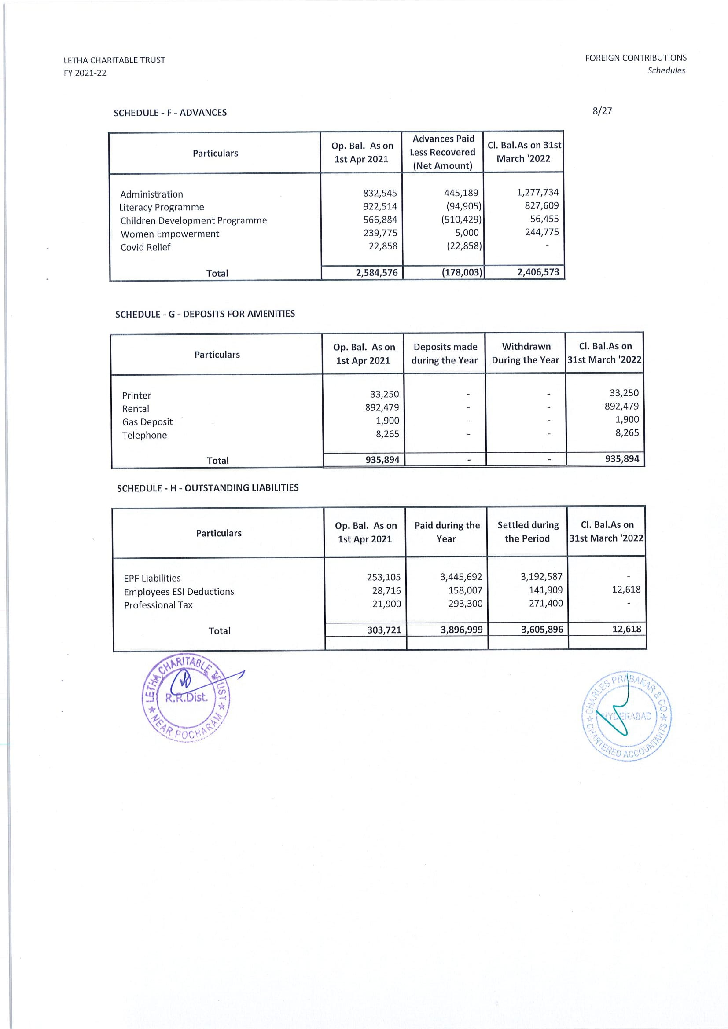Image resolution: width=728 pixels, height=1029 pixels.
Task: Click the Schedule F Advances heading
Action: point(170,113)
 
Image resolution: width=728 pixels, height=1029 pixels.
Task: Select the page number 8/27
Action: point(602,111)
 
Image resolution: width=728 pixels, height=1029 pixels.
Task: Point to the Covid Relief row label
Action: point(145,247)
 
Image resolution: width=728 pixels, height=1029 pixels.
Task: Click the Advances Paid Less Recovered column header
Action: point(442,152)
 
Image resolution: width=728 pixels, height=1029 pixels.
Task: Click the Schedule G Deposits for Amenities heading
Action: point(205,314)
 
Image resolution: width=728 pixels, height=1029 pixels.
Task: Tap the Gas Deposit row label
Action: point(147,422)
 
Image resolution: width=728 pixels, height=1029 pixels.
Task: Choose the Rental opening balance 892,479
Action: point(382,407)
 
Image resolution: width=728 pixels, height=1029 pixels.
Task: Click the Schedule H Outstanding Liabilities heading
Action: point(208,487)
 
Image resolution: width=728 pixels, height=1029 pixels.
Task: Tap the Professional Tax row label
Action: point(158,605)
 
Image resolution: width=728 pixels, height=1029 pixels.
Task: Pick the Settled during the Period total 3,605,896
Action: point(541,629)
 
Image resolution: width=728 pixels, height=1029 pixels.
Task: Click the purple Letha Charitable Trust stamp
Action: point(186,696)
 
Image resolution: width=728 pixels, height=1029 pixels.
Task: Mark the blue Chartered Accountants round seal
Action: point(626,716)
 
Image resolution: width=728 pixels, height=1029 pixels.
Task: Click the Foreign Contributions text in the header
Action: point(635,58)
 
